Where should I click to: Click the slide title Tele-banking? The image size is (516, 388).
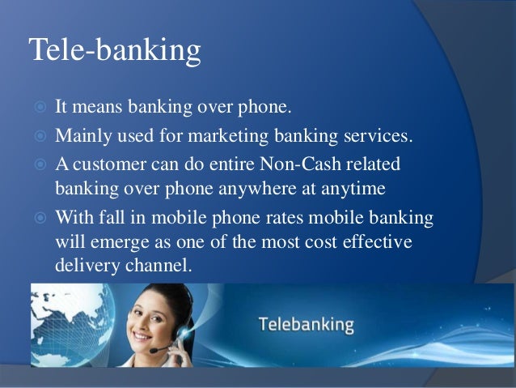pos(114,50)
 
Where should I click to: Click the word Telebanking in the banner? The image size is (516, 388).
pos(306,326)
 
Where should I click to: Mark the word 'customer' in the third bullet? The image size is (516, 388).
pos(106,164)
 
